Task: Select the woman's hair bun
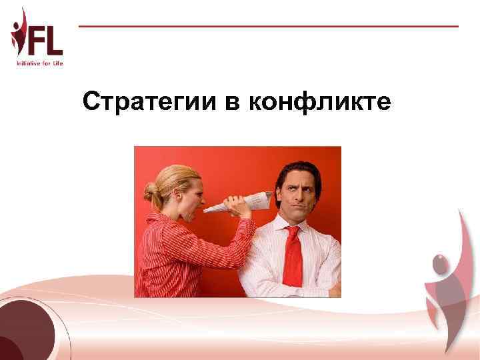click(x=151, y=193)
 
